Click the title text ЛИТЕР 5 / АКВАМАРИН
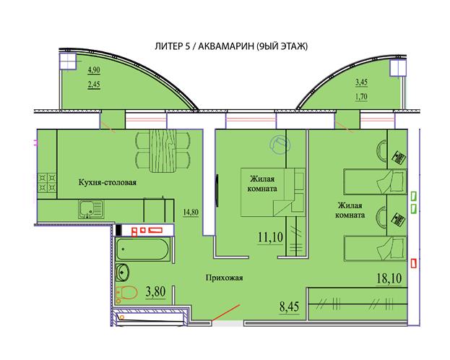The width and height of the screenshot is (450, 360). pos(204,46)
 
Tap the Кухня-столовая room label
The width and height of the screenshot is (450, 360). pos(108,182)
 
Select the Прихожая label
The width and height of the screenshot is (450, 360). pos(224,278)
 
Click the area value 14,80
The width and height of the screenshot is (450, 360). pos(191,212)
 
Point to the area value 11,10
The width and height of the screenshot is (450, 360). pos(270,237)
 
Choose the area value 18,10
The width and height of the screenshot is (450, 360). pos(389,278)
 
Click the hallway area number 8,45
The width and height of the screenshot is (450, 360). pos(289,307)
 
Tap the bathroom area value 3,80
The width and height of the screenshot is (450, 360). pos(155,291)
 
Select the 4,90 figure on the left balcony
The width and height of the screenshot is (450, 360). pos(94,70)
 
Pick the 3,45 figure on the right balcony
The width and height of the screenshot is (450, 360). pos(361,82)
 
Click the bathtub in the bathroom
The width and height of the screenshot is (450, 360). pos(142,249)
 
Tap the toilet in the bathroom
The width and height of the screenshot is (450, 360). pos(126,293)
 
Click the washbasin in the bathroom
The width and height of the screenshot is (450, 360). pos(123,272)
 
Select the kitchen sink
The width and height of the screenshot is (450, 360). pos(91,209)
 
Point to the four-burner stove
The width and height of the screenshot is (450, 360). pos(47,183)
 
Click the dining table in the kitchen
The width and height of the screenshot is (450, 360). pos(163,150)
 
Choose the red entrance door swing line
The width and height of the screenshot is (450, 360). pos(225,312)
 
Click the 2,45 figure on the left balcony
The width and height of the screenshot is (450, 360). pos(94,85)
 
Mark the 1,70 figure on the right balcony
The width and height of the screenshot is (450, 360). pos(361,97)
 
